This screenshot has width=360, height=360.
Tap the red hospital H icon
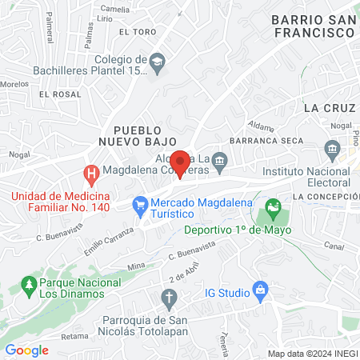pyautogui.click(x=92, y=173)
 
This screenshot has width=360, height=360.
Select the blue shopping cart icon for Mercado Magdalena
pyautogui.click(x=140, y=205)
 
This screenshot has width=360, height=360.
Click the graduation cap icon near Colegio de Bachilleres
pyautogui.click(x=158, y=61)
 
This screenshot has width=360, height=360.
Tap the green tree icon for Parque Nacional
pyautogui.click(x=30, y=284)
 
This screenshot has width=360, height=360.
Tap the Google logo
pyautogui.click(x=27, y=350)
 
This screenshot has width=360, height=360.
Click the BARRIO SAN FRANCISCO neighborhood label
pyautogui.click(x=312, y=26)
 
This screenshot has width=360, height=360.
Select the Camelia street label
pyautogui.click(x=116, y=10)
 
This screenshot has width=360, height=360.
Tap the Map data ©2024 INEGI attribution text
pyautogui.click(x=311, y=353)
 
